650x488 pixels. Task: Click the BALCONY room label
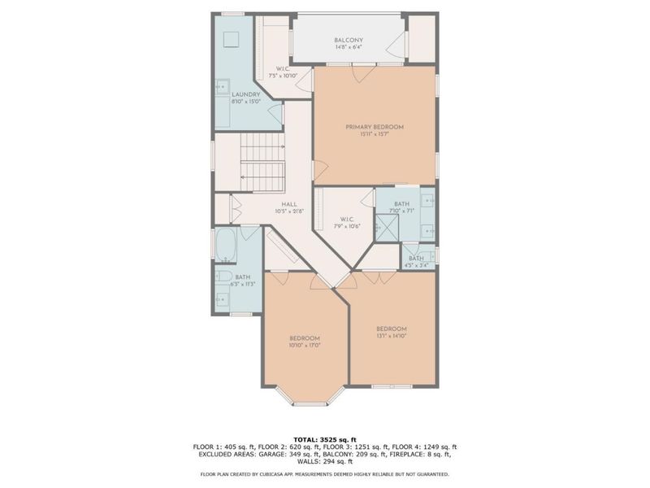[x=349, y=40]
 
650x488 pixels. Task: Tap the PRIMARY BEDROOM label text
[x=374, y=127]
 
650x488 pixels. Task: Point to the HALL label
[x=288, y=204]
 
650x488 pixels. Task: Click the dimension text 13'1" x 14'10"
[x=391, y=335]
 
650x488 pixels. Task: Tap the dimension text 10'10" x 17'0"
[x=305, y=345]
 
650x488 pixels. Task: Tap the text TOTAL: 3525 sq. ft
[x=324, y=437]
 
